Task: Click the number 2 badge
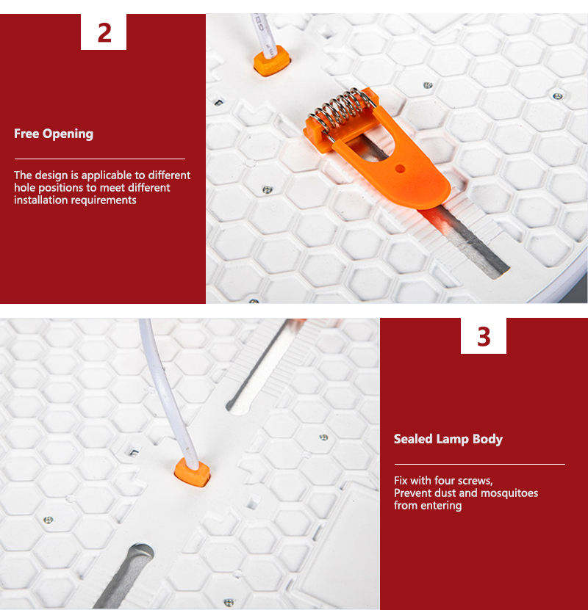(x=104, y=32)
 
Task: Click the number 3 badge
(x=484, y=336)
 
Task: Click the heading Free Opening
(x=54, y=134)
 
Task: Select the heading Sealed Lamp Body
(x=448, y=439)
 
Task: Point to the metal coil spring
(x=342, y=109)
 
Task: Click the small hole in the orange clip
(x=400, y=168)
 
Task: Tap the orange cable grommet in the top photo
(x=272, y=60)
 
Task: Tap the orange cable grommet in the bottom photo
(x=192, y=472)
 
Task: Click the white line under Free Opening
(x=100, y=159)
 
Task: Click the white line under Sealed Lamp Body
(x=480, y=464)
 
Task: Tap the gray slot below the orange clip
(x=467, y=242)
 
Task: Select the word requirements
(x=104, y=200)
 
